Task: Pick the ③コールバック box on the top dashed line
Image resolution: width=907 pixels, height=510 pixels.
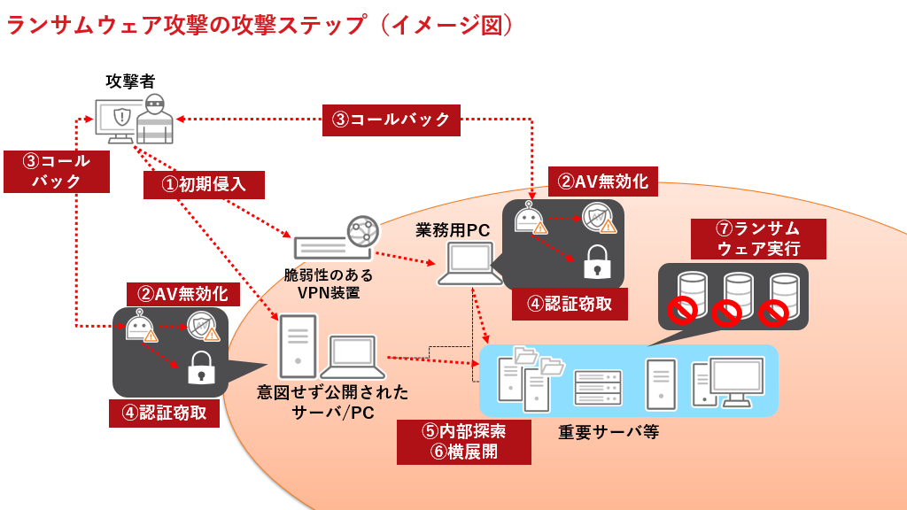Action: pyautogui.click(x=391, y=119)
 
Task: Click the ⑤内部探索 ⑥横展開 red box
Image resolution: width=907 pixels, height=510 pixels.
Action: pyautogui.click(x=463, y=441)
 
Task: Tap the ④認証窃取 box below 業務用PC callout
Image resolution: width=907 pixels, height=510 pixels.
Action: pyautogui.click(x=570, y=304)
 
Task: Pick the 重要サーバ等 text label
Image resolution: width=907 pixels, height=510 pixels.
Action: pyautogui.click(x=609, y=433)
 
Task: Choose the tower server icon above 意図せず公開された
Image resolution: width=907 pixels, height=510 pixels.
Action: pyautogui.click(x=296, y=348)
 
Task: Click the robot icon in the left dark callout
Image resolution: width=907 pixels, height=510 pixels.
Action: pyautogui.click(x=137, y=327)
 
